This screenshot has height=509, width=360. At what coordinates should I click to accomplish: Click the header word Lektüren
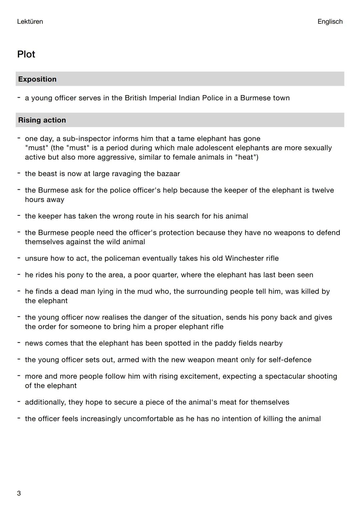(30, 22)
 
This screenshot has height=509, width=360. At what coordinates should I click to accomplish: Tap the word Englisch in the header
(330, 22)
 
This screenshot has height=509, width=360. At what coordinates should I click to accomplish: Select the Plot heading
(26, 54)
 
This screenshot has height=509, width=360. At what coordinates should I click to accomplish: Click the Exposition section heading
(37, 79)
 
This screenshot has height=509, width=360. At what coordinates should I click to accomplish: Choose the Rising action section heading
(42, 120)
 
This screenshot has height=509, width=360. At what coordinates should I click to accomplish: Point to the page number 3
(19, 493)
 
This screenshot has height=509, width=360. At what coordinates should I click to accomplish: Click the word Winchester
(244, 258)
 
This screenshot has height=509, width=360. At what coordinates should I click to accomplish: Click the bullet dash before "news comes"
(19, 342)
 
